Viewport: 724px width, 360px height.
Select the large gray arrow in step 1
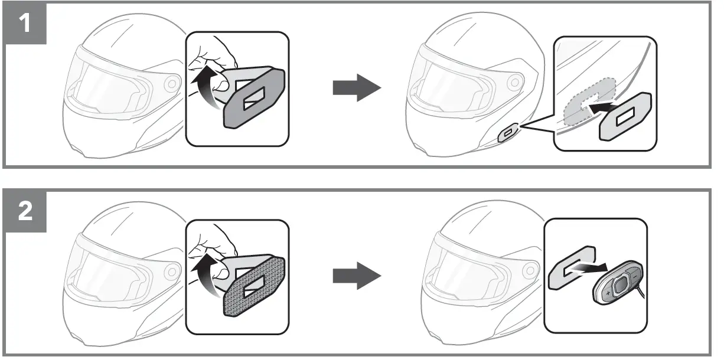click(356, 88)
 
